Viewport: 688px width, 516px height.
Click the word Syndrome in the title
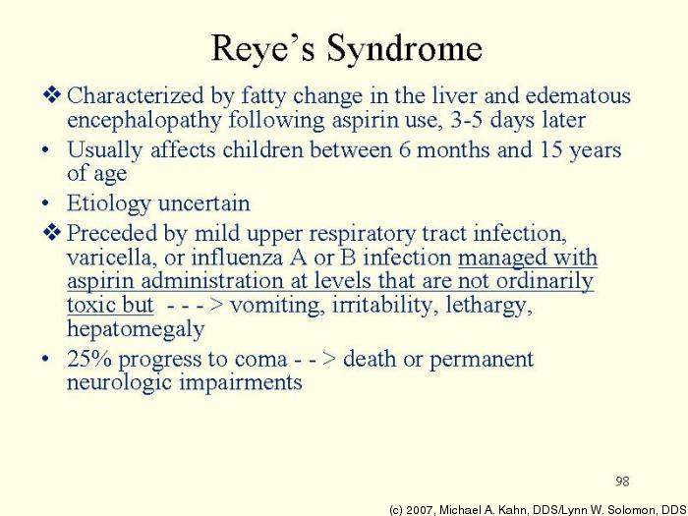[405, 48]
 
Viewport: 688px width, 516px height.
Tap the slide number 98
[622, 481]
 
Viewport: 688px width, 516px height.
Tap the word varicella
[108, 258]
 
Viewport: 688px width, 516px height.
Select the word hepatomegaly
[136, 329]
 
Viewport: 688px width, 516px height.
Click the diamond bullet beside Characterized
[52, 95]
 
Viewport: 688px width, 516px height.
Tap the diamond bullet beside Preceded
[52, 234]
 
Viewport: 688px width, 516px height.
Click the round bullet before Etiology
[47, 204]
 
